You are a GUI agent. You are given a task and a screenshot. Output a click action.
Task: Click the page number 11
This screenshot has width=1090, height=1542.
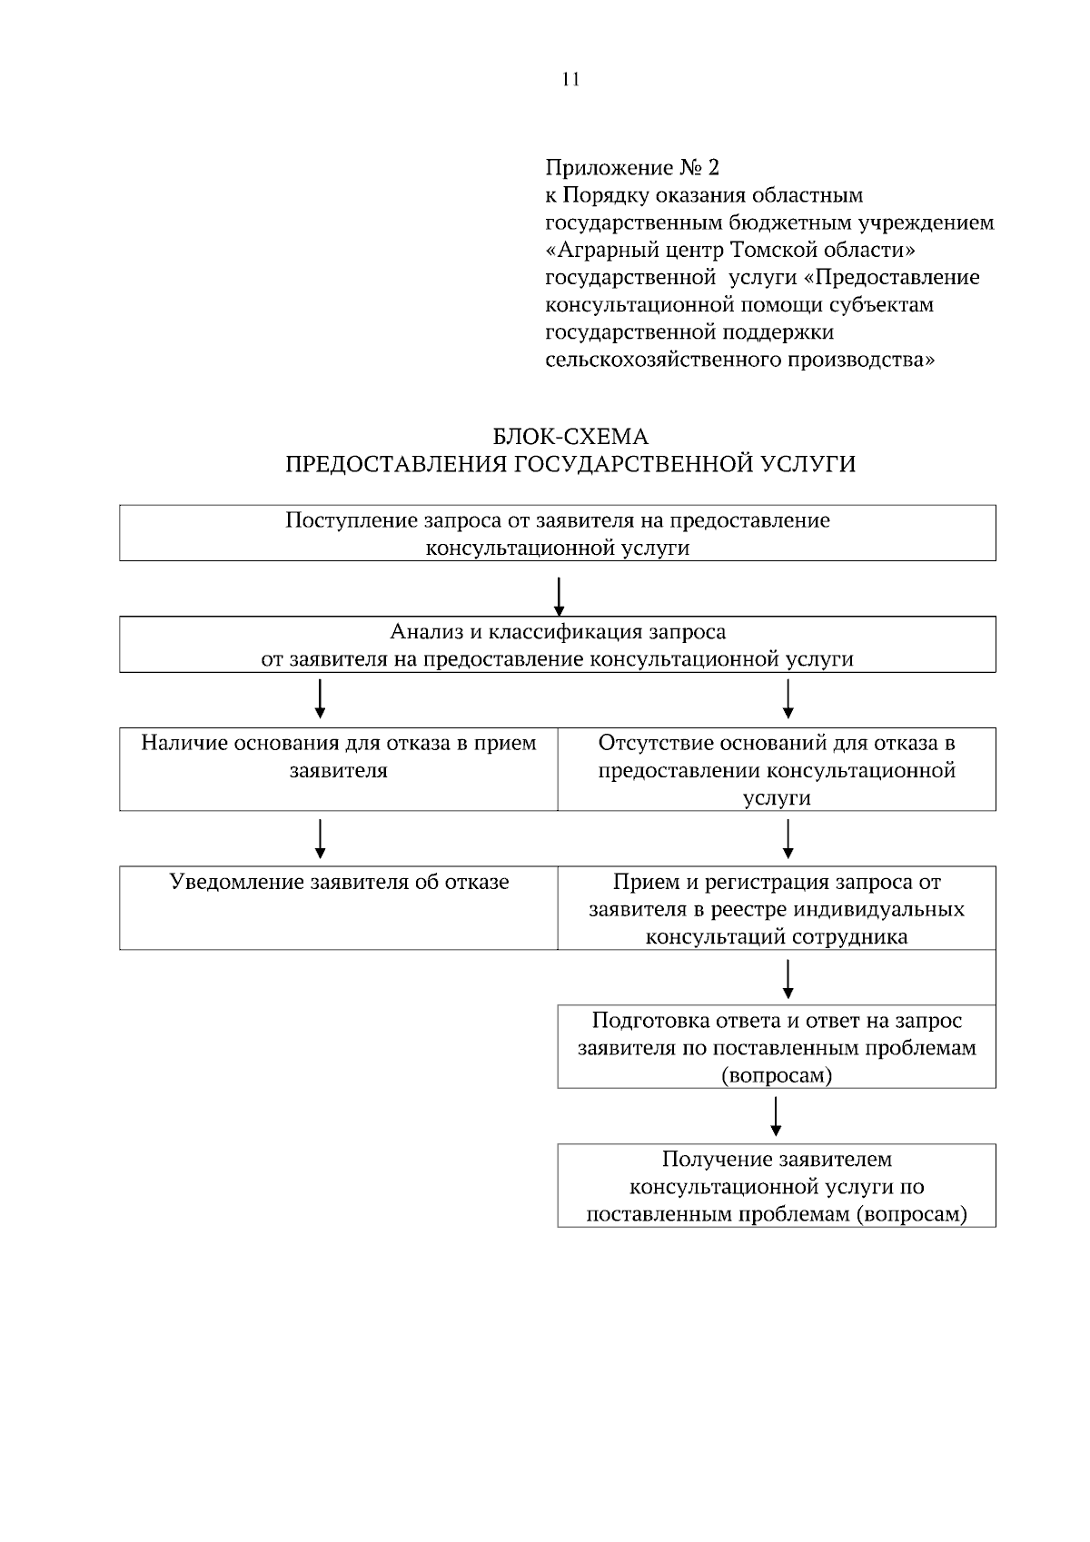tap(570, 79)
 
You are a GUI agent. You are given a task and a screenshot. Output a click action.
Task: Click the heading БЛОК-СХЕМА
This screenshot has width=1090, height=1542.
tap(570, 437)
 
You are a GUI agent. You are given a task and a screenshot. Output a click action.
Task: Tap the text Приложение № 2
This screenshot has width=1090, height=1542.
tap(631, 168)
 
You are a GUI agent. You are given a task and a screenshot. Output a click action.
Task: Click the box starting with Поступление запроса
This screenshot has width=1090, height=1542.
tap(558, 534)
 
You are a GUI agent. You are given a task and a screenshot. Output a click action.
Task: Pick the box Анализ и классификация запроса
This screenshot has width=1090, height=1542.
tap(558, 644)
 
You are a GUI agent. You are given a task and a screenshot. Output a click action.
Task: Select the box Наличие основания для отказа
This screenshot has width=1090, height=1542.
tap(338, 768)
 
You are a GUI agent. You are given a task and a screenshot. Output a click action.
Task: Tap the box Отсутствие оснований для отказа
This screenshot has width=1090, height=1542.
tap(777, 768)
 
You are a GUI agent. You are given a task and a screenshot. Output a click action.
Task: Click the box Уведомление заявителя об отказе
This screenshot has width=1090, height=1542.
tap(338, 907)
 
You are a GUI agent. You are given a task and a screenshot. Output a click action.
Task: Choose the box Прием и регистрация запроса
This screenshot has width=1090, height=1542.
tap(777, 907)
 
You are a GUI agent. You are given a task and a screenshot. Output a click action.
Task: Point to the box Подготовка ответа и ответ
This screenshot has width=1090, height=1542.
tap(777, 1046)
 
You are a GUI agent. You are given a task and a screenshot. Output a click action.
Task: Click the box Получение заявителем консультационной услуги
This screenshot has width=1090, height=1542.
tap(777, 1185)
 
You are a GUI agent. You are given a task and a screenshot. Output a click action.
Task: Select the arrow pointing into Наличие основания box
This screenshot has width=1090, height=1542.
tap(320, 698)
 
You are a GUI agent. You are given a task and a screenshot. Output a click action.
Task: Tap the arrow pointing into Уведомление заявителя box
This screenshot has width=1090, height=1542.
tap(320, 838)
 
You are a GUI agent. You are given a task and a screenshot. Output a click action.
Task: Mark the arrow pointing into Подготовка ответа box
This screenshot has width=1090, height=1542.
tap(788, 979)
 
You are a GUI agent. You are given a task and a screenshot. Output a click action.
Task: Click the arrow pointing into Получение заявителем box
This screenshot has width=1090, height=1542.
tap(776, 1116)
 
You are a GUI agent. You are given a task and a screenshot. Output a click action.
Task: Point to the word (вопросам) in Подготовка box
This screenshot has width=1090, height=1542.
tap(777, 1076)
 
